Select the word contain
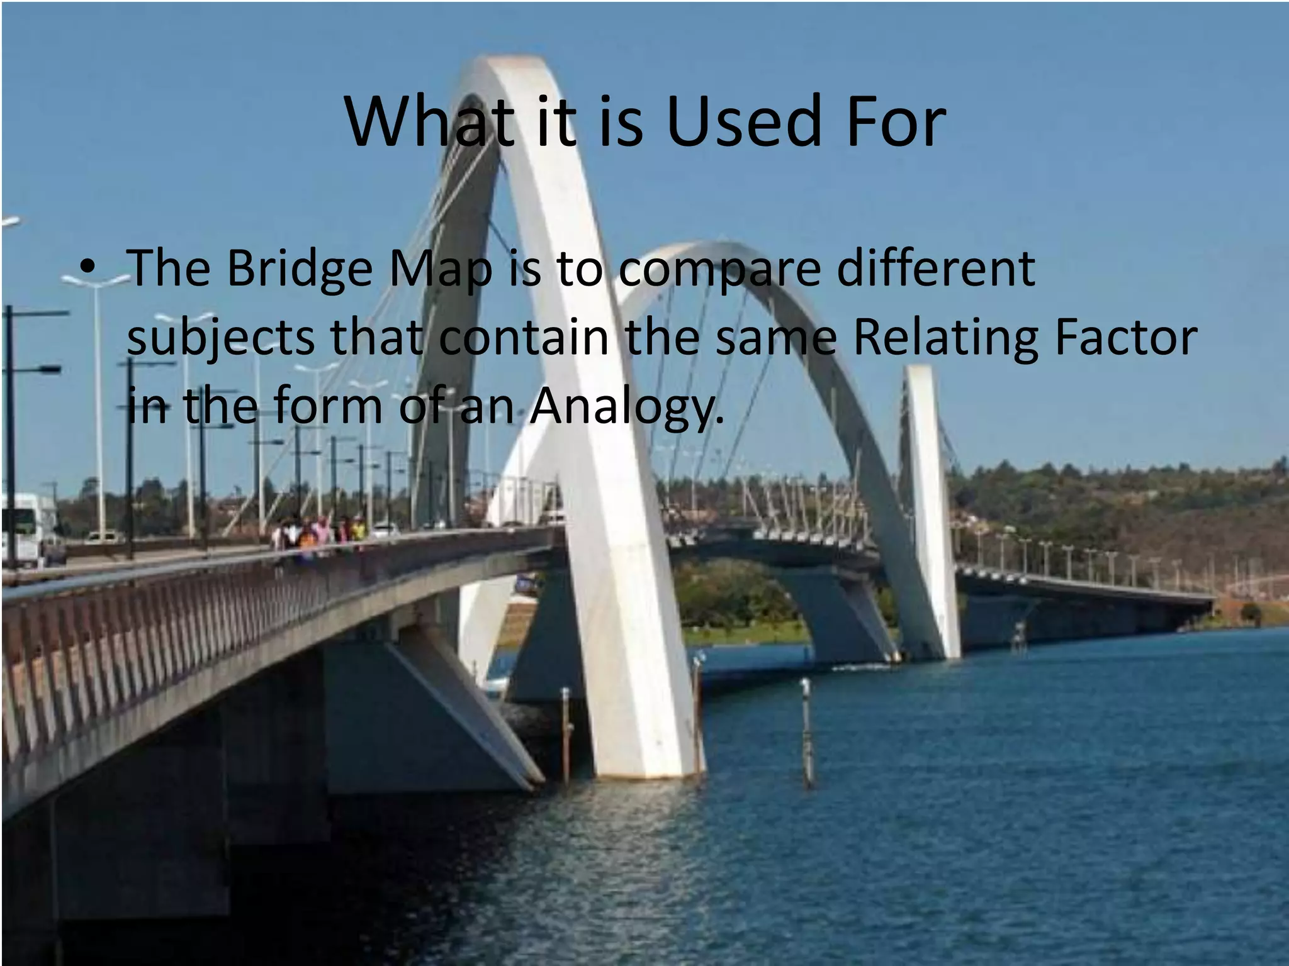[524, 337]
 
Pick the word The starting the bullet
[168, 268]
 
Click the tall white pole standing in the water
[806, 730]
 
